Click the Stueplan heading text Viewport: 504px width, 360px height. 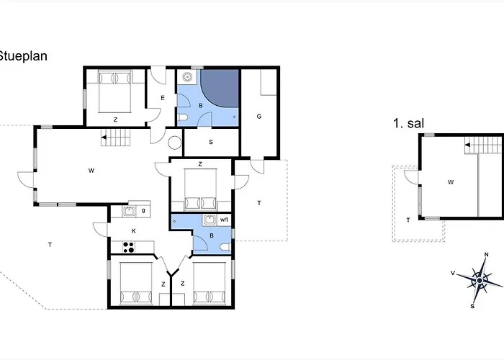[23, 56]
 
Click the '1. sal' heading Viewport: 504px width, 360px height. [408, 123]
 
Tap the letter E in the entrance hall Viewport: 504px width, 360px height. [163, 98]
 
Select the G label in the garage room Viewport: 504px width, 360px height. [259, 117]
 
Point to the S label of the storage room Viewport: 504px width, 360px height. [211, 142]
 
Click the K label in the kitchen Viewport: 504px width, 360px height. [134, 231]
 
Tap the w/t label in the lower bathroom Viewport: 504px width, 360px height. [224, 220]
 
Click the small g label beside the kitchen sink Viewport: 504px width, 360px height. [143, 210]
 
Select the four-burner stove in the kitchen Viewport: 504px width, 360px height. [129, 247]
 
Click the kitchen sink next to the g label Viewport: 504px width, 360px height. [129, 211]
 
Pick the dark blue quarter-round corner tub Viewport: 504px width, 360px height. [220, 88]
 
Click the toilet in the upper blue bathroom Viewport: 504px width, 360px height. [182, 118]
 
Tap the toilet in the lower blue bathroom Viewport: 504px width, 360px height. [226, 247]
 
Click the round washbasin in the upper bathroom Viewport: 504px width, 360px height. [187, 77]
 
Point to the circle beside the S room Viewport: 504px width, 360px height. [175, 143]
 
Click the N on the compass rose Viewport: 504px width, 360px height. [486, 255]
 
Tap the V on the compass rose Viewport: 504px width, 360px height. [453, 273]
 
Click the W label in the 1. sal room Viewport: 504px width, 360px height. [451, 182]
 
